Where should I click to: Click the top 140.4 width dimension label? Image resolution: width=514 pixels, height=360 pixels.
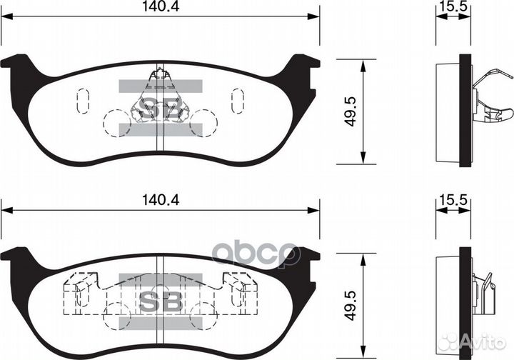(159, 8)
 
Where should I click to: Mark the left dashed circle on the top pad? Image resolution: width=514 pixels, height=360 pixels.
(115, 121)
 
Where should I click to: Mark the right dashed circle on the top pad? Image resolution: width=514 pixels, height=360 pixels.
(204, 121)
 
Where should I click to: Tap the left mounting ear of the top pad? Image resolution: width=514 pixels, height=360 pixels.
(16, 64)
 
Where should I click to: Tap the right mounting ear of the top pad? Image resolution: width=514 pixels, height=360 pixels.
(303, 64)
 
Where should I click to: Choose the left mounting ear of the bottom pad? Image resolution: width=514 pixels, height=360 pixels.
(16, 255)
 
